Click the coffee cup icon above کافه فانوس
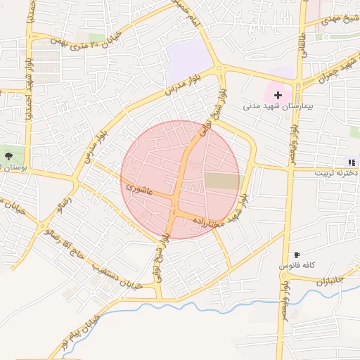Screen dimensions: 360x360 pyautogui.click(x=297, y=255)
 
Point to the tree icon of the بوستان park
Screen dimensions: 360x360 pyautogui.click(x=8, y=155)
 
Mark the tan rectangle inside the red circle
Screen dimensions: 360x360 pyautogui.click(x=221, y=181)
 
